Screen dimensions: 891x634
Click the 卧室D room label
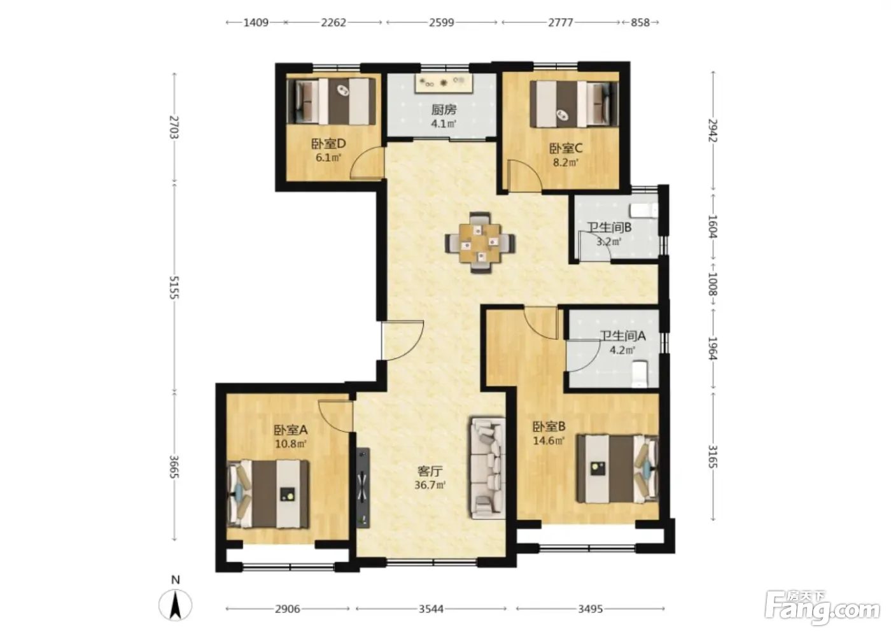(x=328, y=144)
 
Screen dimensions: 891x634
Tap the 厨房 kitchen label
(x=444, y=109)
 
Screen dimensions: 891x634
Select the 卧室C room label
(x=566, y=148)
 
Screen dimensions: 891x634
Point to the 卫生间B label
(x=610, y=227)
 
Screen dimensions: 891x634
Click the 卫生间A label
(x=623, y=336)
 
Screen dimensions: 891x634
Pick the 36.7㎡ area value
(x=430, y=485)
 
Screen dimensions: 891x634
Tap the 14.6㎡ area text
(x=549, y=440)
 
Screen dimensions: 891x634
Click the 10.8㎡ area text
(x=291, y=444)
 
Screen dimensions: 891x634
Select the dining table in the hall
(x=480, y=243)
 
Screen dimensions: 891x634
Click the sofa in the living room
(x=488, y=468)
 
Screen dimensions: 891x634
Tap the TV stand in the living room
(x=363, y=488)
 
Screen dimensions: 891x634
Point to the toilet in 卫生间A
(x=640, y=374)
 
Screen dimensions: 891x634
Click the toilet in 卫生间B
(x=643, y=211)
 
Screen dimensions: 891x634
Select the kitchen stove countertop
(x=444, y=83)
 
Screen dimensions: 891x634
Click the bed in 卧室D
(x=332, y=101)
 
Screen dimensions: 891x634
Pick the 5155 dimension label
(x=174, y=287)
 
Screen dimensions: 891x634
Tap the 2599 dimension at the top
(x=442, y=22)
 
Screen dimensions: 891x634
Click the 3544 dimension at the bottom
(x=431, y=609)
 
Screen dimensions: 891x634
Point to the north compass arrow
(x=176, y=605)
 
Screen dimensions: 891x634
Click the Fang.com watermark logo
(x=822, y=611)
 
